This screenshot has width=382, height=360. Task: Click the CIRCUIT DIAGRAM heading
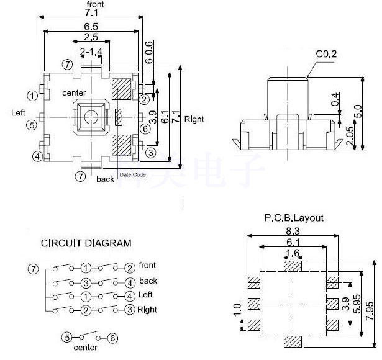tap(86, 243)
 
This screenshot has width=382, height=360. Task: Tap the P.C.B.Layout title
tap(294, 218)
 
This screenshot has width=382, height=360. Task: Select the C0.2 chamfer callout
tap(325, 55)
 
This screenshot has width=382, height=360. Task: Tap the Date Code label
tap(132, 175)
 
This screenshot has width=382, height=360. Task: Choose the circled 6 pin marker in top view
tap(145, 129)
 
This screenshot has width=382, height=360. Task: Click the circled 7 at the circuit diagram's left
tap(33, 269)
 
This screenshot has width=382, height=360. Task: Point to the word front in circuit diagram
tap(147, 266)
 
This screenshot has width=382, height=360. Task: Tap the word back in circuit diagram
tap(148, 281)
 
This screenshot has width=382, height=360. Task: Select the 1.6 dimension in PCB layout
tap(293, 253)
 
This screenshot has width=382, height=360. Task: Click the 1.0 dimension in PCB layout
tap(236, 309)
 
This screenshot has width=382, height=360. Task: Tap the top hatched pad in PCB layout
tap(293, 266)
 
